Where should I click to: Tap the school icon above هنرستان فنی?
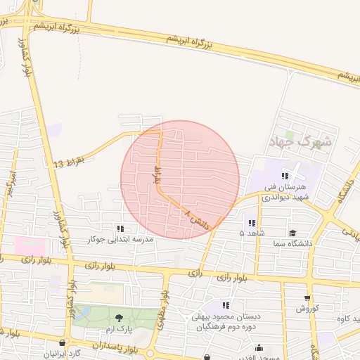point(285,176)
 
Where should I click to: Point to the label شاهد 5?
point(251,232)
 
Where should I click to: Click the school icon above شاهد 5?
point(251,223)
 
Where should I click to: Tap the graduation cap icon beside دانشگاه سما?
point(292,233)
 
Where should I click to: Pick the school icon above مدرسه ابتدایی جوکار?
point(120,229)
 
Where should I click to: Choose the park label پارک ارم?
point(119,329)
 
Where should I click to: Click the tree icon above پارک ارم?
point(119,319)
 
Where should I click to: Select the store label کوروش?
point(307,308)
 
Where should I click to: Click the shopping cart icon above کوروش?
point(307,297)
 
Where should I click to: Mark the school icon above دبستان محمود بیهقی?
point(226,305)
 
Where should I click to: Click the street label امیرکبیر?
point(8,184)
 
